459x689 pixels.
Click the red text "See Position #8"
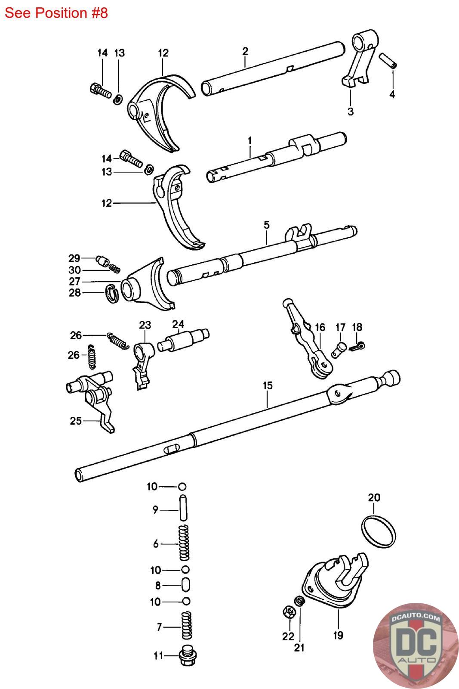56,13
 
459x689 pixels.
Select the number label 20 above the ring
374,497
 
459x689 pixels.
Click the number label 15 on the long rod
267,385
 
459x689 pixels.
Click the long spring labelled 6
184,543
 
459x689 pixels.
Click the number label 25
76,420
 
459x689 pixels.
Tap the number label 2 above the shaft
245,51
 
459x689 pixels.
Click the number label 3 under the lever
351,112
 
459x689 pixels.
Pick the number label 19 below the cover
338,635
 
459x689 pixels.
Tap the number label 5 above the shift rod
266,225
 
